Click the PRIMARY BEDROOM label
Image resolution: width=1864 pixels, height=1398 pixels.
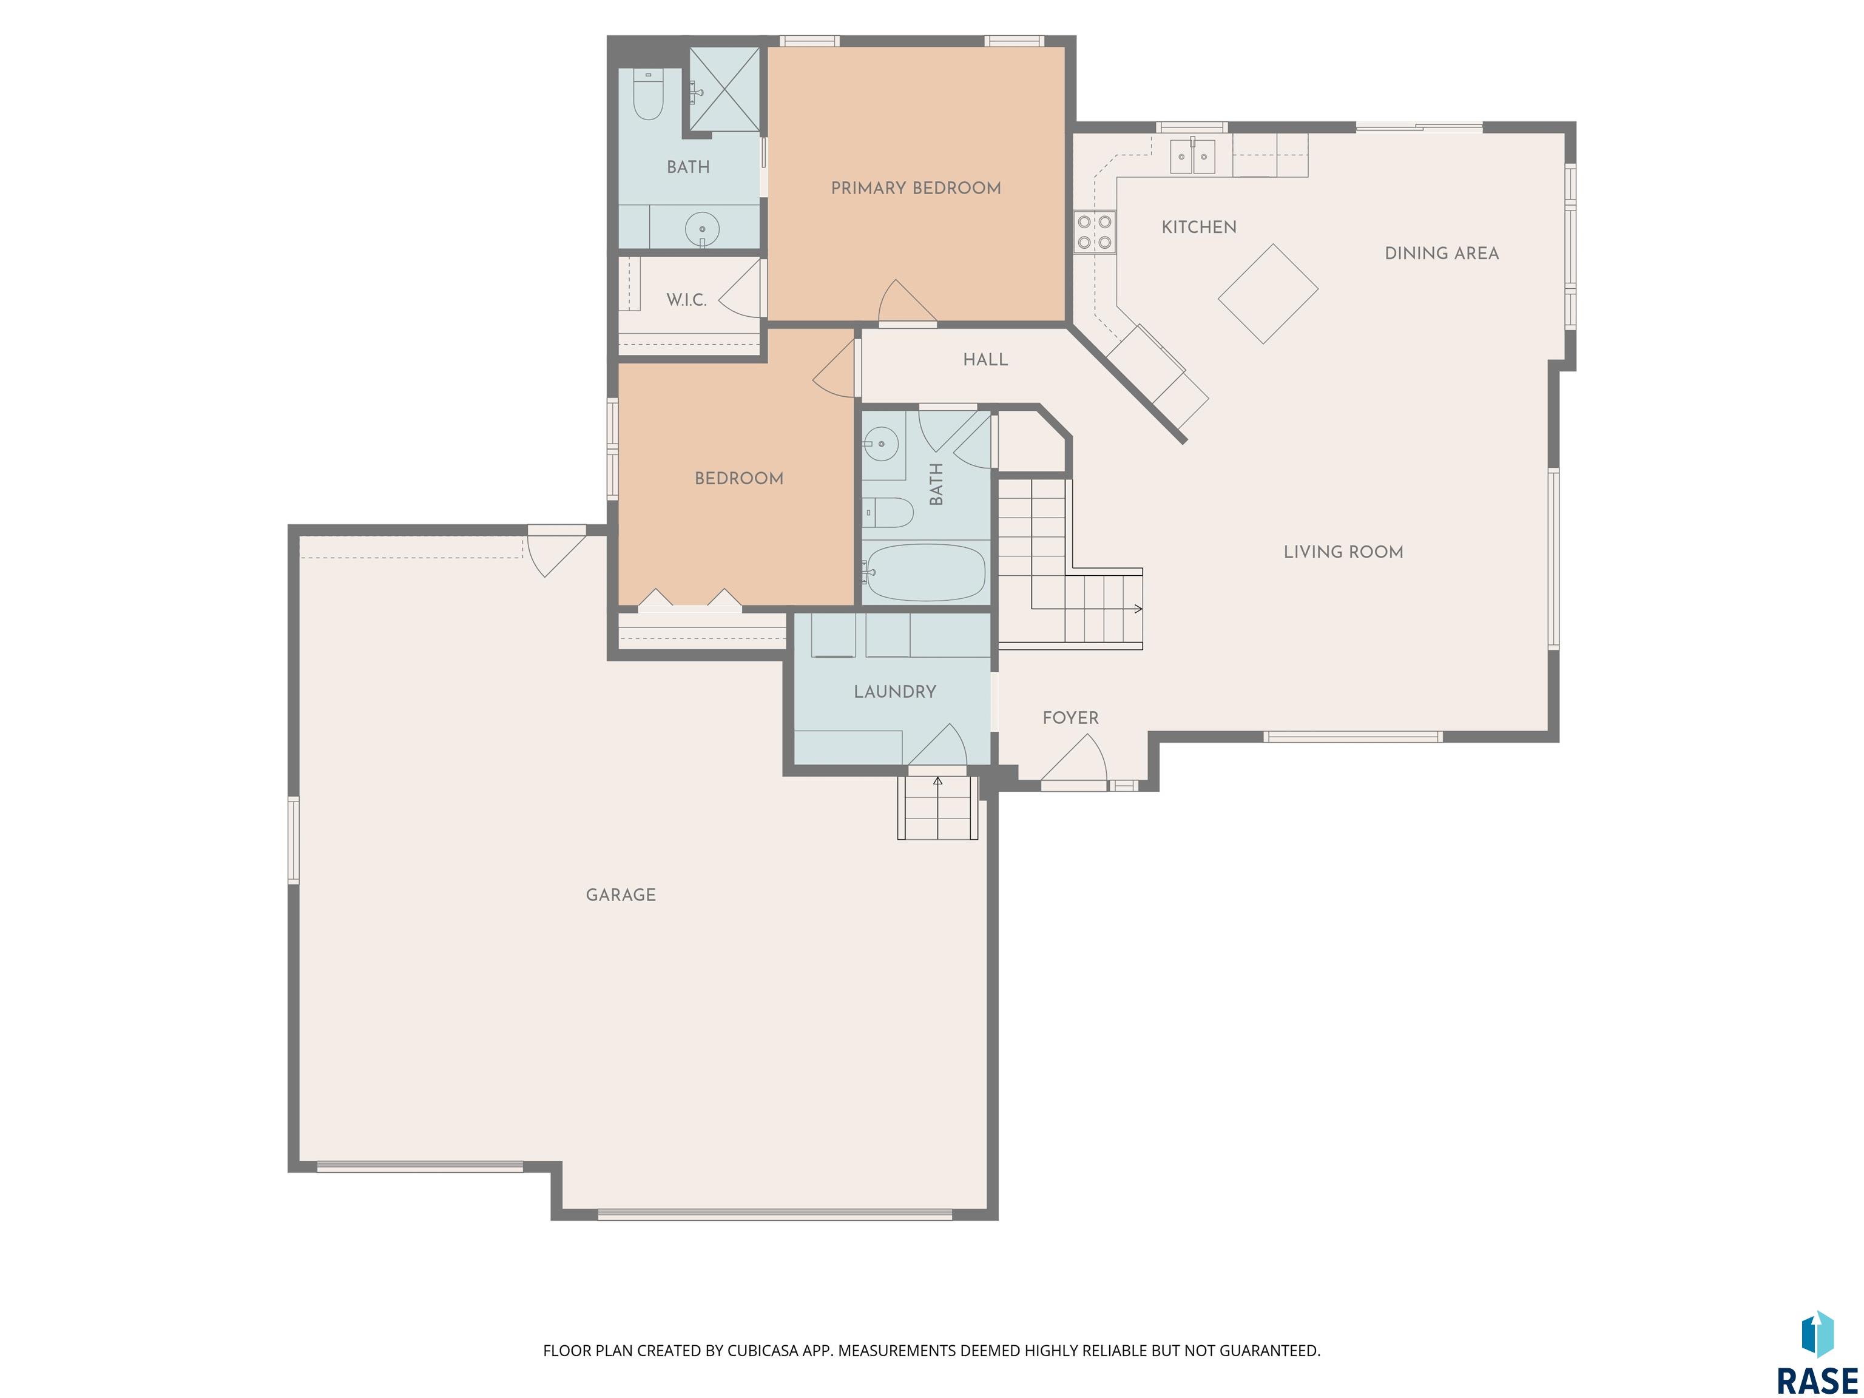(x=916, y=188)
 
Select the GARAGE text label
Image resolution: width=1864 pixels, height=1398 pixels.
(x=621, y=895)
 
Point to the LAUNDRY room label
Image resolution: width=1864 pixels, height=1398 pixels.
(x=895, y=692)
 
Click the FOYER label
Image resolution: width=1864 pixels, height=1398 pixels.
(x=1071, y=718)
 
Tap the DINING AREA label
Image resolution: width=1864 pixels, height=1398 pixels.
(x=1442, y=253)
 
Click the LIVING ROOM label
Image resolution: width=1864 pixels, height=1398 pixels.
(x=1343, y=552)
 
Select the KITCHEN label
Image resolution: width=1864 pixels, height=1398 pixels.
(x=1199, y=227)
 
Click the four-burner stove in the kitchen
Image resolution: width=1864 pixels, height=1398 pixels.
(x=1095, y=232)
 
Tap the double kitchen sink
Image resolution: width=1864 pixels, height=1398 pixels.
(x=1192, y=157)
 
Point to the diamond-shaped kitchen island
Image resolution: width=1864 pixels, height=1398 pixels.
(x=1268, y=294)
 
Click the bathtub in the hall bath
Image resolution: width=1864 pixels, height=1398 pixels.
(x=925, y=572)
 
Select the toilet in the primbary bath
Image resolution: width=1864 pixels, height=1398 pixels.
(x=647, y=95)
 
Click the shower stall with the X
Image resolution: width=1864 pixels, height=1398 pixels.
(x=724, y=89)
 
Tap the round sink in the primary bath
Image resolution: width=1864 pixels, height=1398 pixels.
(x=702, y=228)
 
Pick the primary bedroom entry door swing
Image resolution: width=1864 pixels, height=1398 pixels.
(x=907, y=301)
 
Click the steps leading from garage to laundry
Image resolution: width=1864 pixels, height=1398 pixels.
(x=937, y=807)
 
